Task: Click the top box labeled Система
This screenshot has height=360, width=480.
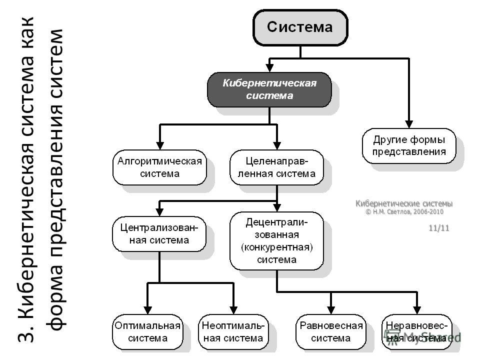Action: (300, 27)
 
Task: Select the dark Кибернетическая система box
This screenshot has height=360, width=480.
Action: (269, 89)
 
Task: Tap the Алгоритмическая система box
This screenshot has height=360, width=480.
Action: (159, 167)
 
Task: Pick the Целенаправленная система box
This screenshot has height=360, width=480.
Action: (276, 167)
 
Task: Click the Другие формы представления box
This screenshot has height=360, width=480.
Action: (409, 145)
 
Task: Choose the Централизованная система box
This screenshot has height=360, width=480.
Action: (159, 234)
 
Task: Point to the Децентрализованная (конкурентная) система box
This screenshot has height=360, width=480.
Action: (276, 241)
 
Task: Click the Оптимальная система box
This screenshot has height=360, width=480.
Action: (147, 332)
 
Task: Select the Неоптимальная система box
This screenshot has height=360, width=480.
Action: (233, 332)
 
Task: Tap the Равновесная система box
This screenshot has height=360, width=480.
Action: (331, 332)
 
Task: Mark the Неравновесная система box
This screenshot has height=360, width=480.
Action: (417, 332)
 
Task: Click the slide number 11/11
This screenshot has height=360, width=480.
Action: (439, 228)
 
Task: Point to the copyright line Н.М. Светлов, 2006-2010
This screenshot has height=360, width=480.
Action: (404, 212)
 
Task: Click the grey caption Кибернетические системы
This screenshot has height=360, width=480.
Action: (404, 203)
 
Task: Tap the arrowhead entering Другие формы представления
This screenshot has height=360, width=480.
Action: (409, 124)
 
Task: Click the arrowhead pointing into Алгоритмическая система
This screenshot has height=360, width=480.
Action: (160, 145)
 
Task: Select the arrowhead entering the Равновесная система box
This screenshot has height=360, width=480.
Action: (331, 310)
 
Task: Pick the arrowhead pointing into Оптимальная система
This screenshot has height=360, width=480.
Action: (147, 310)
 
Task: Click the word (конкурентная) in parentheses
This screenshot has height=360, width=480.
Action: (276, 247)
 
